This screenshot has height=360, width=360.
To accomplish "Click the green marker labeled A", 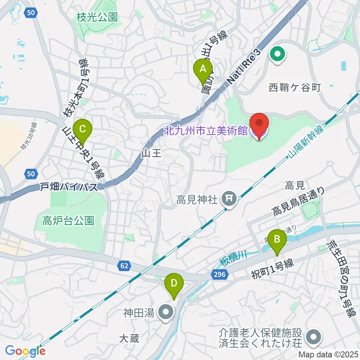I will [203, 70].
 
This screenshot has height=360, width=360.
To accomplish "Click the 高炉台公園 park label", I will [68, 220].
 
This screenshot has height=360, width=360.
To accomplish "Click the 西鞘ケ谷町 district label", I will [295, 88].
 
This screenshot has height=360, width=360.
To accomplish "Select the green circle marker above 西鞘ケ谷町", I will [277, 55].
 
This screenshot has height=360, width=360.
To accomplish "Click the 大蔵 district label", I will [129, 339].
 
